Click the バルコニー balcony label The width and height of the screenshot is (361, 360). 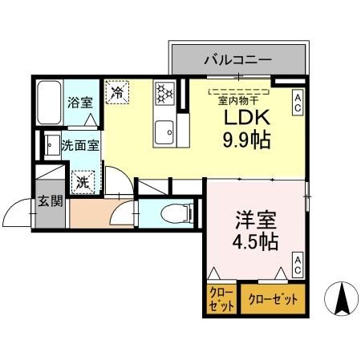click(x=237, y=59)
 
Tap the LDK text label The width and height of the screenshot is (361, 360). click(x=240, y=119)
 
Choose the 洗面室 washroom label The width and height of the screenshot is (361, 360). click(x=80, y=146)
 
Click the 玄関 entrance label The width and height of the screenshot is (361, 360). click(x=50, y=200)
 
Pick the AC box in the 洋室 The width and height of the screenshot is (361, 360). click(x=297, y=265)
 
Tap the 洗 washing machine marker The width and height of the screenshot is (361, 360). click(x=83, y=181)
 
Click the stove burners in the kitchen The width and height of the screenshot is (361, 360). click(x=165, y=93)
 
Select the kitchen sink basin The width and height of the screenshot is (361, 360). click(x=166, y=129)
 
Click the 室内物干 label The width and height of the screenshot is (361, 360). click(x=238, y=101)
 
